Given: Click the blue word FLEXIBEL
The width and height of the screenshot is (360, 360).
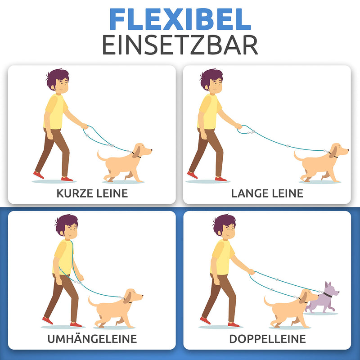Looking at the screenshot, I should (180, 20).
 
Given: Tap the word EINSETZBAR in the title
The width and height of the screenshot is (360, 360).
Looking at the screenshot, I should (180, 45).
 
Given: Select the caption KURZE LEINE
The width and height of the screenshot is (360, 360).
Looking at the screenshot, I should (92, 193).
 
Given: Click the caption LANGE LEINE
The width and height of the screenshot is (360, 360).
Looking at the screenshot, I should (267, 193).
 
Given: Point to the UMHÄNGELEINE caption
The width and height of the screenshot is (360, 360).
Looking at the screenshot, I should (92, 339).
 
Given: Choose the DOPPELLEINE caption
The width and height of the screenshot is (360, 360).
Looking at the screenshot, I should (267, 339).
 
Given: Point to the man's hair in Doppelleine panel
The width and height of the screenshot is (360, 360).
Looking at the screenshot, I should (223, 222).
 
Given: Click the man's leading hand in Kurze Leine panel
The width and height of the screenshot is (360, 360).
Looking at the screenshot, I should (84, 126).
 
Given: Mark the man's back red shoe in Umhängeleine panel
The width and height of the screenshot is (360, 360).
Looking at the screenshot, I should (47, 320).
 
